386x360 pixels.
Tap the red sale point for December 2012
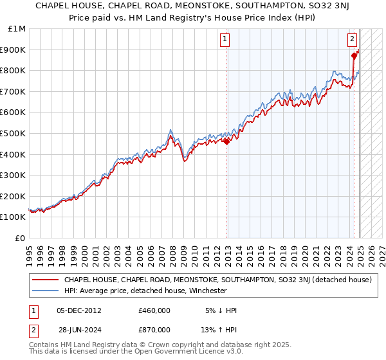pos(226,141)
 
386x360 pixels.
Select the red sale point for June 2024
pos(354,56)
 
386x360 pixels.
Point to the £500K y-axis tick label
pos(14,133)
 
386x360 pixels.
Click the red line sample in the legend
pos(45,280)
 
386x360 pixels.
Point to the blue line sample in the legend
pos(45,291)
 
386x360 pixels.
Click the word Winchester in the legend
pos(207,291)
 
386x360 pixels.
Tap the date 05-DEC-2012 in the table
pos(79,310)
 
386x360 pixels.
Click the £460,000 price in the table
pos(154,310)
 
